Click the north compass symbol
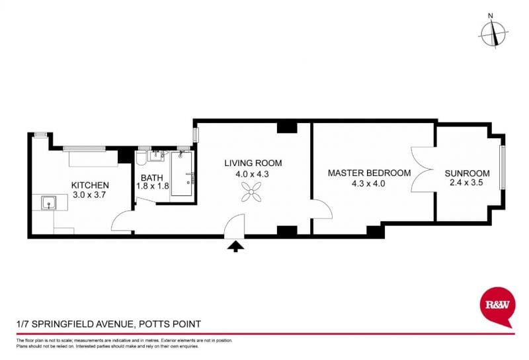(x=493, y=34)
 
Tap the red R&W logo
(x=497, y=306)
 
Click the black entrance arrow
(x=235, y=246)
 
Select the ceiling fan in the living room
(x=251, y=192)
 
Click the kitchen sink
(x=49, y=203)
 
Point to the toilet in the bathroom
(x=142, y=158)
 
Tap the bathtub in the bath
(x=183, y=173)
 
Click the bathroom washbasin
(x=156, y=156)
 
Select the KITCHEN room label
(x=90, y=185)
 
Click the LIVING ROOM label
(x=253, y=163)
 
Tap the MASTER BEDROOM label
(x=370, y=173)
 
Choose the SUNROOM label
(x=467, y=173)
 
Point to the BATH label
(x=152, y=177)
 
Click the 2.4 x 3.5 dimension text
(x=466, y=183)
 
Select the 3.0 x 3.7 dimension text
(x=89, y=195)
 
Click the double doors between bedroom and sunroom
(x=423, y=169)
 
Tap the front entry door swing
(x=234, y=226)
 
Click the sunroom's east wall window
(x=503, y=167)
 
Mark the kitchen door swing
(x=122, y=221)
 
